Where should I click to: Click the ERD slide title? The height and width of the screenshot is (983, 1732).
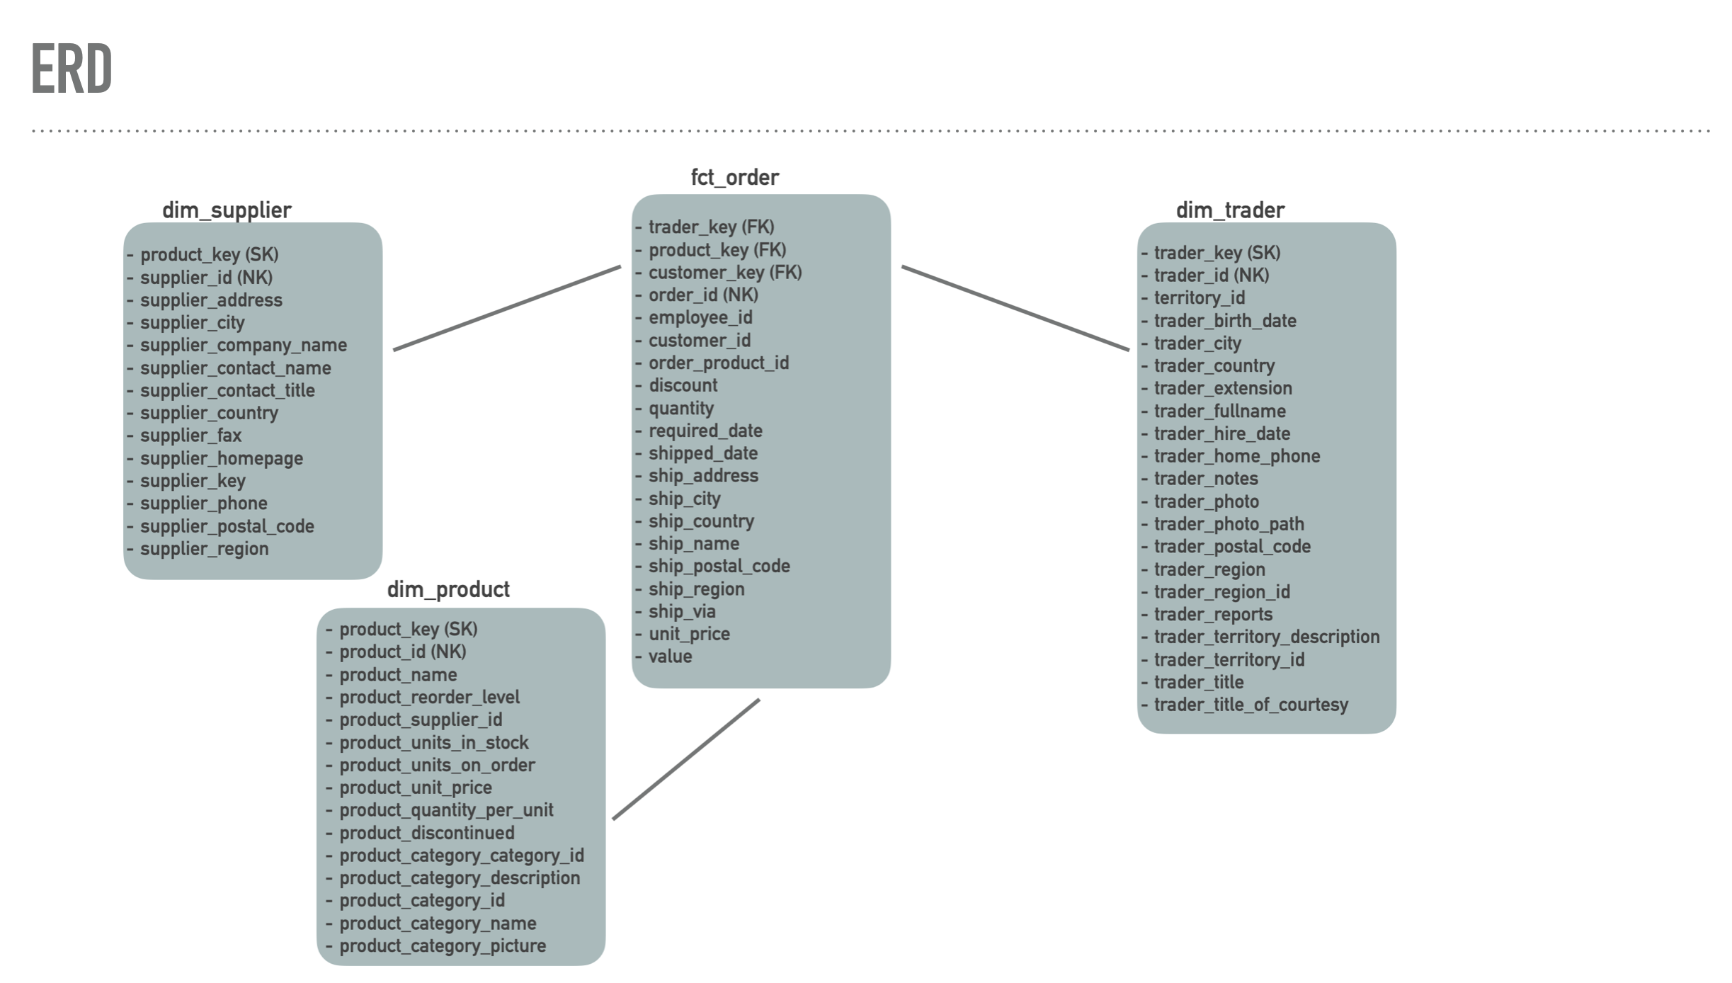click(x=72, y=69)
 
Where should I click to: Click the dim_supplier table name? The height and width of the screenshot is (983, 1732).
click(x=227, y=210)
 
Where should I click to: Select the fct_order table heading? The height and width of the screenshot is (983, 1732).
click(x=734, y=177)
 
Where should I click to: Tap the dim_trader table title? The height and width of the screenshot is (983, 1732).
click(x=1230, y=210)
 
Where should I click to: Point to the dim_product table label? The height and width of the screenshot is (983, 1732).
click(x=448, y=589)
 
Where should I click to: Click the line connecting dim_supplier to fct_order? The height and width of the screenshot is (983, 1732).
click(x=507, y=308)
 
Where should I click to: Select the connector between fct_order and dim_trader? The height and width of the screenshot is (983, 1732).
click(x=1015, y=308)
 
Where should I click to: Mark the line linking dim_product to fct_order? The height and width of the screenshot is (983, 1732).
click(x=685, y=759)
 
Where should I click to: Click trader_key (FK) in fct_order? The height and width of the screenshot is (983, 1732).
click(x=711, y=227)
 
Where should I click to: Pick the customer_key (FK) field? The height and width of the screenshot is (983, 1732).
click(x=724, y=272)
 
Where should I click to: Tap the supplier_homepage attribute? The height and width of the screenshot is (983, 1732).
click(x=221, y=458)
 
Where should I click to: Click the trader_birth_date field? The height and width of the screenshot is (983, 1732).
click(x=1224, y=320)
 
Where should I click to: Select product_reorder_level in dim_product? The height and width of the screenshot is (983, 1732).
click(x=429, y=697)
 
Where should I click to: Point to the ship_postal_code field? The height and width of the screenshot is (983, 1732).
click(x=719, y=566)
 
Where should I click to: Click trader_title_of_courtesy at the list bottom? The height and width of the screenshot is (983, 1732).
click(x=1250, y=705)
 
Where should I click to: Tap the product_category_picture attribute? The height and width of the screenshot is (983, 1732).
click(x=442, y=945)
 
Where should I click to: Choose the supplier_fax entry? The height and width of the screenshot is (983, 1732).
click(x=190, y=436)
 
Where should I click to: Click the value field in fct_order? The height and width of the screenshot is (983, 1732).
click(x=670, y=657)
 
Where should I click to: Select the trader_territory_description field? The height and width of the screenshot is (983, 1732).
click(x=1266, y=637)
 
